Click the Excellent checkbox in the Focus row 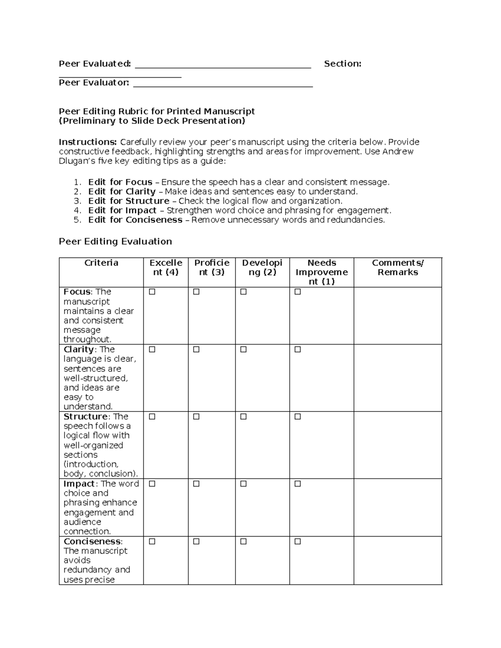click(x=152, y=292)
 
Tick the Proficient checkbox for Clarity click(x=196, y=350)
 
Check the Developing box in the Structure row click(x=243, y=417)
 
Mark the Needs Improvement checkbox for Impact click(x=298, y=484)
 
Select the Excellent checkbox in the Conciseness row click(x=152, y=542)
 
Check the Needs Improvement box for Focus click(x=298, y=292)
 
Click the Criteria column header click(x=101, y=263)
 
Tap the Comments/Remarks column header click(x=397, y=267)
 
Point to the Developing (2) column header click(x=262, y=267)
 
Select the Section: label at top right click(x=342, y=64)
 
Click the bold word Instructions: click(x=88, y=142)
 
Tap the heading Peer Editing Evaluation click(x=115, y=242)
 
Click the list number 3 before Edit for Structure click(x=76, y=201)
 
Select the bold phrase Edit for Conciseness click(x=135, y=220)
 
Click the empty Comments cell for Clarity click(x=397, y=378)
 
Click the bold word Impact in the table click(x=79, y=484)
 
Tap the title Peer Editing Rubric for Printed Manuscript click(x=157, y=111)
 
